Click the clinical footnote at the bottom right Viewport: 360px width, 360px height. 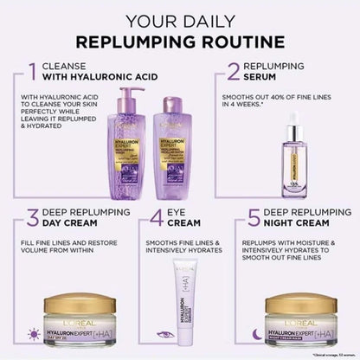(325, 354)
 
